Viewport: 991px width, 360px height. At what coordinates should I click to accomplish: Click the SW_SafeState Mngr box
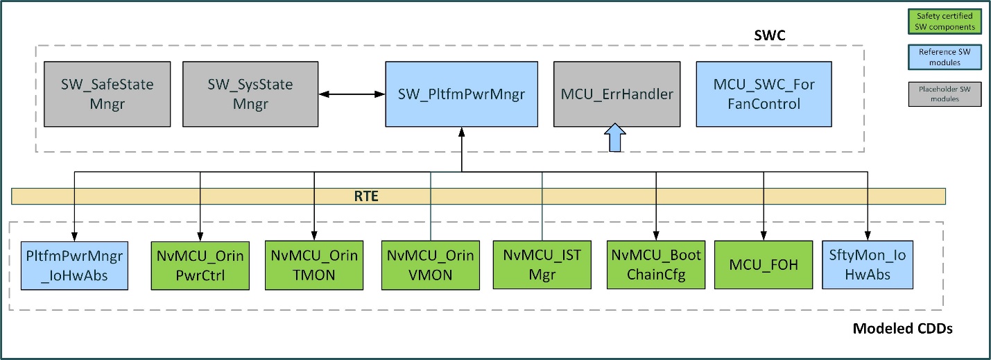click(107, 94)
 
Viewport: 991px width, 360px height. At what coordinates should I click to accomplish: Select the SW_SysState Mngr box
click(250, 94)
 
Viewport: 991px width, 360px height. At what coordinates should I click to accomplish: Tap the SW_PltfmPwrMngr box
click(461, 94)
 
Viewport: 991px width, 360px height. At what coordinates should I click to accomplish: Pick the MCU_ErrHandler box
click(617, 94)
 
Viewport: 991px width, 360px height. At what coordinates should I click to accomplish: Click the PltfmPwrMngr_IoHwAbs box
click(74, 266)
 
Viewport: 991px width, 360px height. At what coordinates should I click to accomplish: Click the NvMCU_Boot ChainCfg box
click(655, 266)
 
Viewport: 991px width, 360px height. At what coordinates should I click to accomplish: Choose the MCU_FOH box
click(762, 266)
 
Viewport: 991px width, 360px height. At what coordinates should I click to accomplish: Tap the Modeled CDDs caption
click(902, 328)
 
